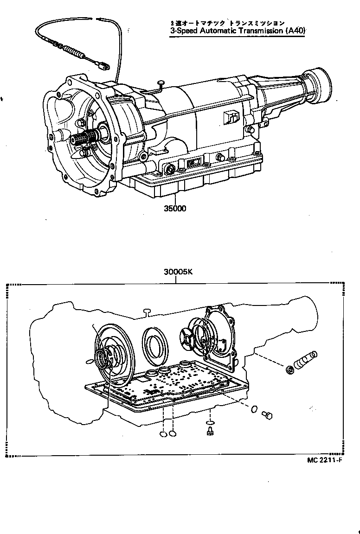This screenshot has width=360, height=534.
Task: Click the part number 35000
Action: point(174,209)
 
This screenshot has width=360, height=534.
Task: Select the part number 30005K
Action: point(178,273)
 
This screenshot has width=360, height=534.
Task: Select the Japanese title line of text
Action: point(226,23)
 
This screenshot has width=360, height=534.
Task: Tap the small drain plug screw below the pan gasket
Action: point(210,432)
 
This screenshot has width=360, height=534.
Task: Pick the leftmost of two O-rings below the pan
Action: point(163,434)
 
